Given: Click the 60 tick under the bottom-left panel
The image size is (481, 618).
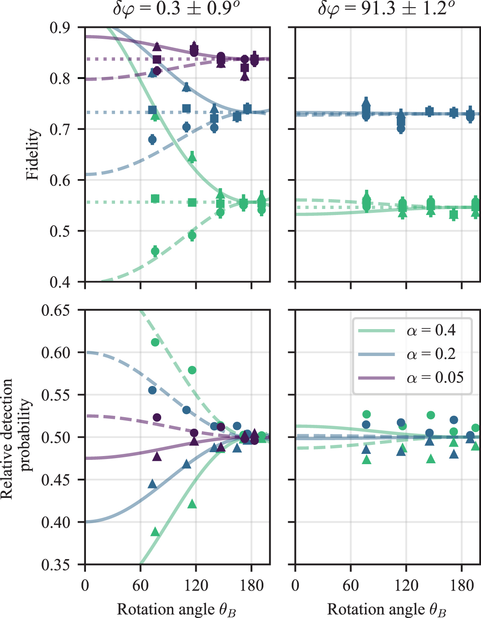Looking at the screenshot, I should (x=140, y=585).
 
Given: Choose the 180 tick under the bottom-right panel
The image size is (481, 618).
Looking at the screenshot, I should (x=462, y=585).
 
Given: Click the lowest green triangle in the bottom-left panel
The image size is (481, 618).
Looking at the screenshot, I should (x=155, y=532).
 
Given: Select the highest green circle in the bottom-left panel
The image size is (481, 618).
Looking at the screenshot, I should (x=155, y=342).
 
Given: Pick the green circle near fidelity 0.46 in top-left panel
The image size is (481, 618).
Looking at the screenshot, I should (x=155, y=251).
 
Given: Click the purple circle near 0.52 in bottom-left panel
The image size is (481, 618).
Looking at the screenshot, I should (x=157, y=417).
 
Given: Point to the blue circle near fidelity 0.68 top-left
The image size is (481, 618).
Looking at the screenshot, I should (x=152, y=139).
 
